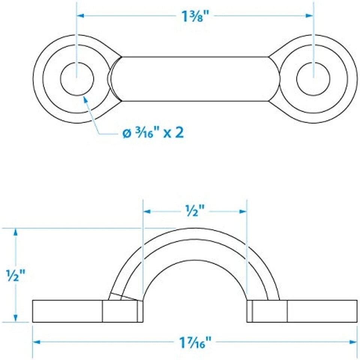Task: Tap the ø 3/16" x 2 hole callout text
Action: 153,133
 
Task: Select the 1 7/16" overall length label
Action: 195,342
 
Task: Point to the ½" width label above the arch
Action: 195,210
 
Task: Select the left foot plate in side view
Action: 88,311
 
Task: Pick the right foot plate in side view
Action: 302,311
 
